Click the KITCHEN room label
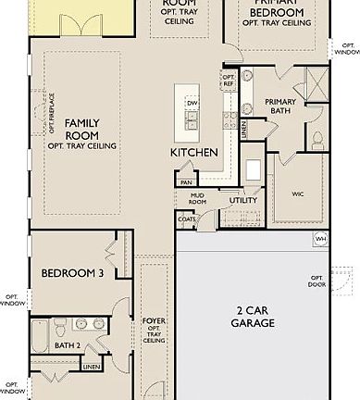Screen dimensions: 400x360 click(x=193, y=151)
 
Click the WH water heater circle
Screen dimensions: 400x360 click(x=321, y=239)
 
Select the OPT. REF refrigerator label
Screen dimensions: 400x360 click(x=228, y=81)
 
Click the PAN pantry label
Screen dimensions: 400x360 click(x=186, y=182)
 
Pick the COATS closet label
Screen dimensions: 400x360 click(x=186, y=219)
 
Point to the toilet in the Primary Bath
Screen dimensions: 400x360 click(x=317, y=140)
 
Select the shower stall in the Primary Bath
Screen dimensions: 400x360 click(x=316, y=86)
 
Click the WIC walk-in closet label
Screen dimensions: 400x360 click(x=297, y=194)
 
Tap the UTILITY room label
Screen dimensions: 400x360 click(x=243, y=199)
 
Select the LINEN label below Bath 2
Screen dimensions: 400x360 click(x=91, y=368)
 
